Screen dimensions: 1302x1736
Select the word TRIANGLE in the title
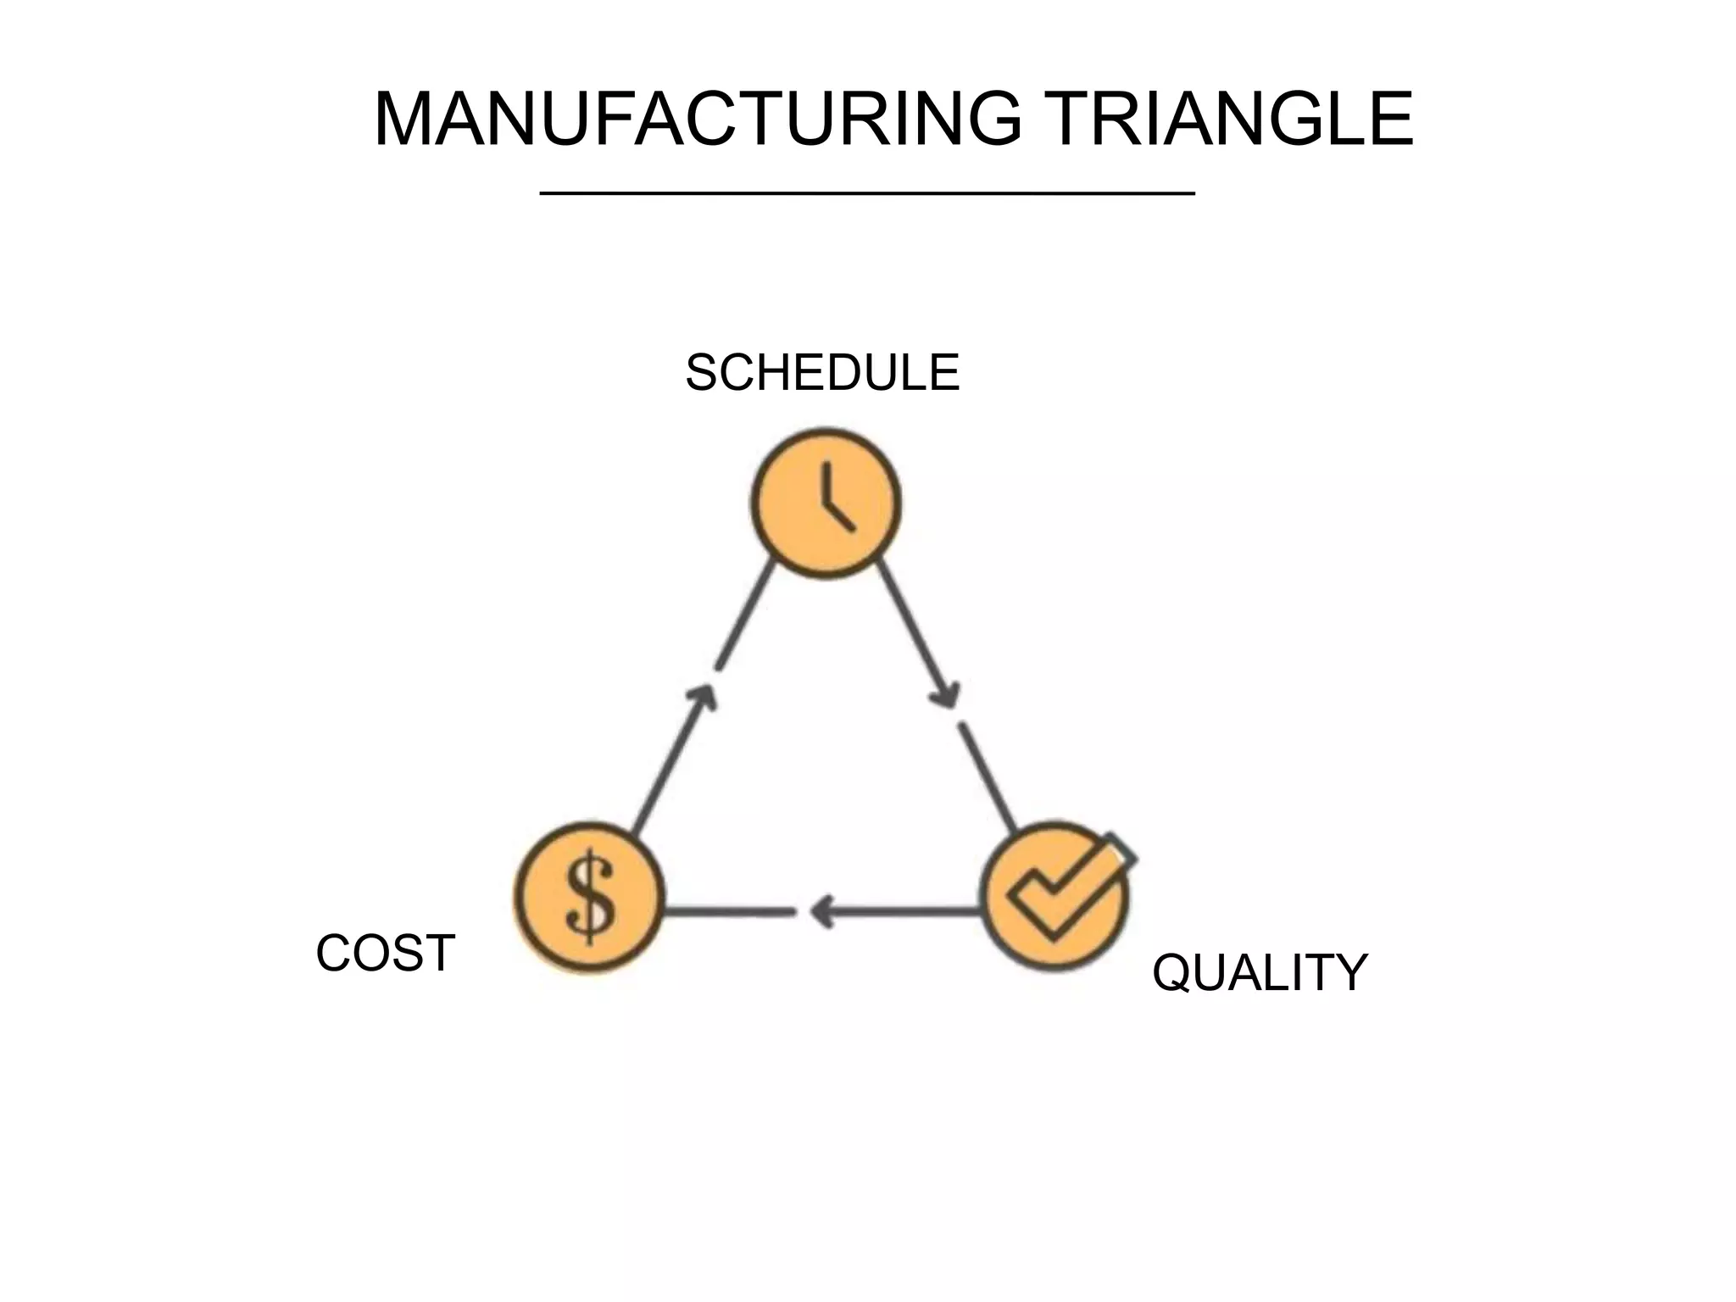[x=1228, y=120]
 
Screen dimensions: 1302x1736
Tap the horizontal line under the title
[x=867, y=194]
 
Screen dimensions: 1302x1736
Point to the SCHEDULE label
[x=822, y=373]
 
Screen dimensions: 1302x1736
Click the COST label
[x=386, y=953]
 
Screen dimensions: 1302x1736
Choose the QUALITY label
[x=1260, y=972]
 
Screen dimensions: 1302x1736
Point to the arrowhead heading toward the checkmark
[x=945, y=695]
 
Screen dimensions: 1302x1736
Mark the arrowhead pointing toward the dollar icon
[x=821, y=912]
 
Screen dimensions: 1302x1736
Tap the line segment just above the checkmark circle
[x=987, y=776]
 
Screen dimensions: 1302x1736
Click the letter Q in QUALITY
[x=1171, y=973]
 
